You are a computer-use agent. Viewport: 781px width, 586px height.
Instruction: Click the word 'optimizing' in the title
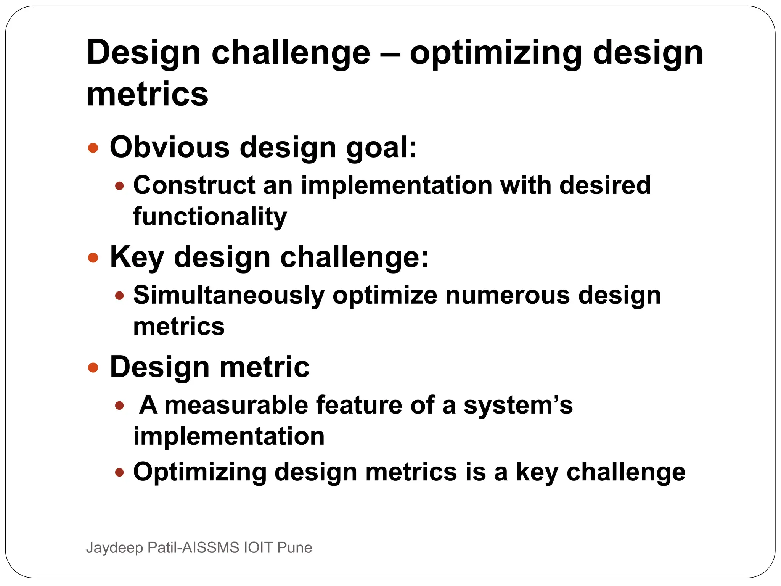(x=495, y=53)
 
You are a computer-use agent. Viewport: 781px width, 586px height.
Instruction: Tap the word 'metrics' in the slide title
(x=147, y=94)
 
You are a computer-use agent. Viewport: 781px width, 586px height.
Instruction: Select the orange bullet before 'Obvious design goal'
(x=93, y=148)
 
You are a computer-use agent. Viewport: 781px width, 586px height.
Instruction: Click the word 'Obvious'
(x=170, y=147)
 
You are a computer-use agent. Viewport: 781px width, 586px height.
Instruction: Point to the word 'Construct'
(x=194, y=185)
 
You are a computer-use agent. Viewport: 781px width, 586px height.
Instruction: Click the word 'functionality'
(x=210, y=217)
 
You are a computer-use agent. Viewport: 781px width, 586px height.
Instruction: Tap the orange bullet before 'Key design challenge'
(x=93, y=258)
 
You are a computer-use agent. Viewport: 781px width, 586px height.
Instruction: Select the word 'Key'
(x=137, y=258)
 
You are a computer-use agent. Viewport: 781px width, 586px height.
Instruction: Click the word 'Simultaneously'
(x=228, y=295)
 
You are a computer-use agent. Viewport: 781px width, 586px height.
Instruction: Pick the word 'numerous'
(x=507, y=295)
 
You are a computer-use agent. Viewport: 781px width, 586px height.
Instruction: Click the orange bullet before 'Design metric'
(x=93, y=368)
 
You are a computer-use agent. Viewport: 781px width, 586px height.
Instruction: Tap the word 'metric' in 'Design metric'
(x=264, y=367)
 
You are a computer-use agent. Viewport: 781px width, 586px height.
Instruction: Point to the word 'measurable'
(x=236, y=405)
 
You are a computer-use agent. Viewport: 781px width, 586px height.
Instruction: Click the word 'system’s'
(x=518, y=405)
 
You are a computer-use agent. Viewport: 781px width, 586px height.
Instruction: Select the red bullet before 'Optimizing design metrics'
(x=119, y=473)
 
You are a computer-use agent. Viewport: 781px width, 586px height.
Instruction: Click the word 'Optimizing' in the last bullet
(x=199, y=472)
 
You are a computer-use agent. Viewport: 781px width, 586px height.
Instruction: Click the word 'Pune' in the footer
(x=294, y=547)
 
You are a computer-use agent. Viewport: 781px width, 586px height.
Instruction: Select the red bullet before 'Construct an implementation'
(x=119, y=186)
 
